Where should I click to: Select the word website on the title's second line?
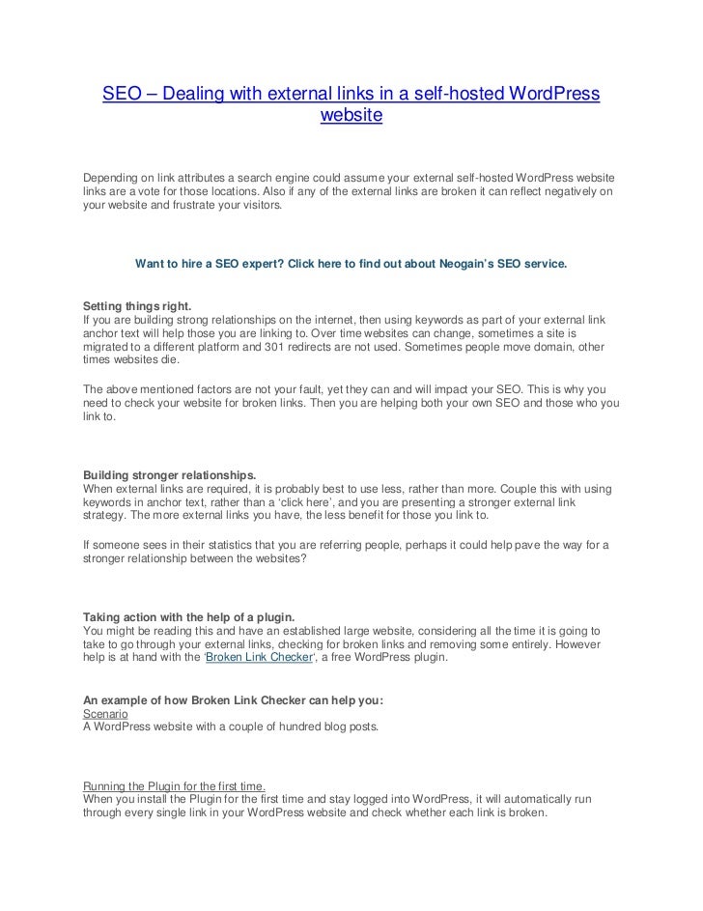pyautogui.click(x=351, y=117)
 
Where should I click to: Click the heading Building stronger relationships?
pyautogui.click(x=169, y=475)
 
